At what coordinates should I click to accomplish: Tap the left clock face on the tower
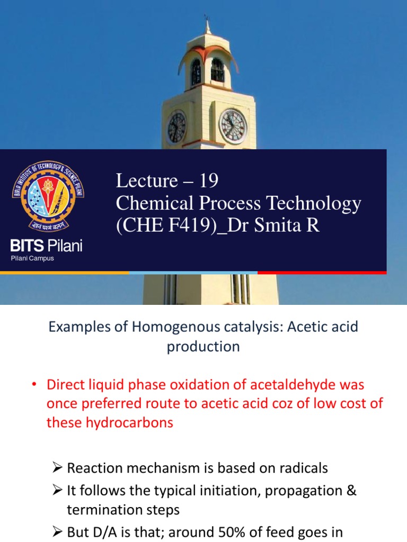pos(176,128)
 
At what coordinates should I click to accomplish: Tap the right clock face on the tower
pos(233,126)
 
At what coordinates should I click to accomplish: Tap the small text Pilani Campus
pos(32,258)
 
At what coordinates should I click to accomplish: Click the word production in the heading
pos(203,347)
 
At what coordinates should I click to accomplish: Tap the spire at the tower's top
pos(207,24)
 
